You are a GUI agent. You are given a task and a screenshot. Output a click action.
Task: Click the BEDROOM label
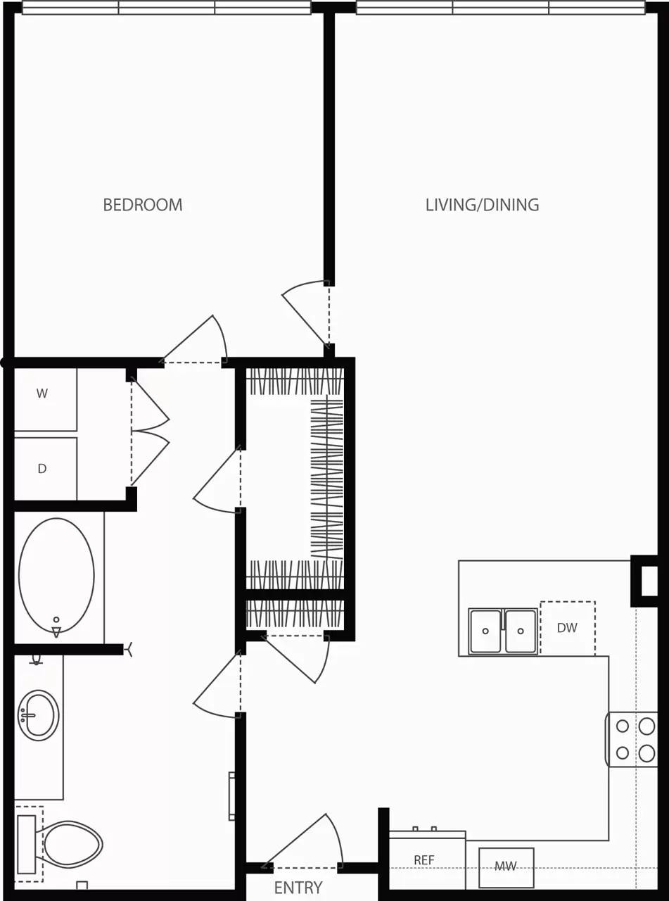click(143, 205)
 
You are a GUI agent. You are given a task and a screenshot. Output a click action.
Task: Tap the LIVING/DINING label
click(482, 205)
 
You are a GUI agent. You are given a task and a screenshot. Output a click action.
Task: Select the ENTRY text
click(298, 888)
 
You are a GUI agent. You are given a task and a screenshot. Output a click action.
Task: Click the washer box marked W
click(44, 399)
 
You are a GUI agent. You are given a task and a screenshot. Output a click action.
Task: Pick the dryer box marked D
click(44, 469)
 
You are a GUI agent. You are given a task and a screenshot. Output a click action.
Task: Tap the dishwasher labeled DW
click(567, 628)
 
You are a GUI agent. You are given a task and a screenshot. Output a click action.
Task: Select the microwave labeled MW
click(506, 867)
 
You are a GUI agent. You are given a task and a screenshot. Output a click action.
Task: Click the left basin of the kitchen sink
click(485, 631)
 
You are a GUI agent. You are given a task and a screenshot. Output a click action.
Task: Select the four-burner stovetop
click(634, 739)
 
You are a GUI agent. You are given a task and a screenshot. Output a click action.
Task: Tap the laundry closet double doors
click(150, 430)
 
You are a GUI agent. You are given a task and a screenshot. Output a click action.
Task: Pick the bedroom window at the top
click(166, 8)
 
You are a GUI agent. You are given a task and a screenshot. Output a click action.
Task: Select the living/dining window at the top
click(500, 8)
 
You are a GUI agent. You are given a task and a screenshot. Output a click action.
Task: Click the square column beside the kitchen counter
click(645, 581)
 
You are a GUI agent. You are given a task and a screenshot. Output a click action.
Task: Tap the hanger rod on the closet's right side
click(327, 479)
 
